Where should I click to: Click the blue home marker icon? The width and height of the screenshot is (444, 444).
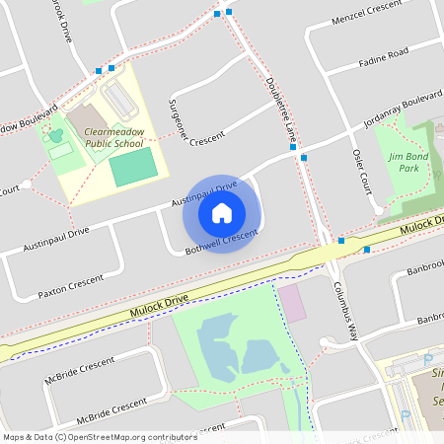pyautogui.click(x=222, y=213)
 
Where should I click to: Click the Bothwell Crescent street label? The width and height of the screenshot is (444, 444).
pyautogui.click(x=221, y=243)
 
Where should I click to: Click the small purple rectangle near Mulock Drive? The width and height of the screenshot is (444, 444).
pyautogui.click(x=292, y=302)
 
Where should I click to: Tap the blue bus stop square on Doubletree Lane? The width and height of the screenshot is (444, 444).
pyautogui.click(x=304, y=158)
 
